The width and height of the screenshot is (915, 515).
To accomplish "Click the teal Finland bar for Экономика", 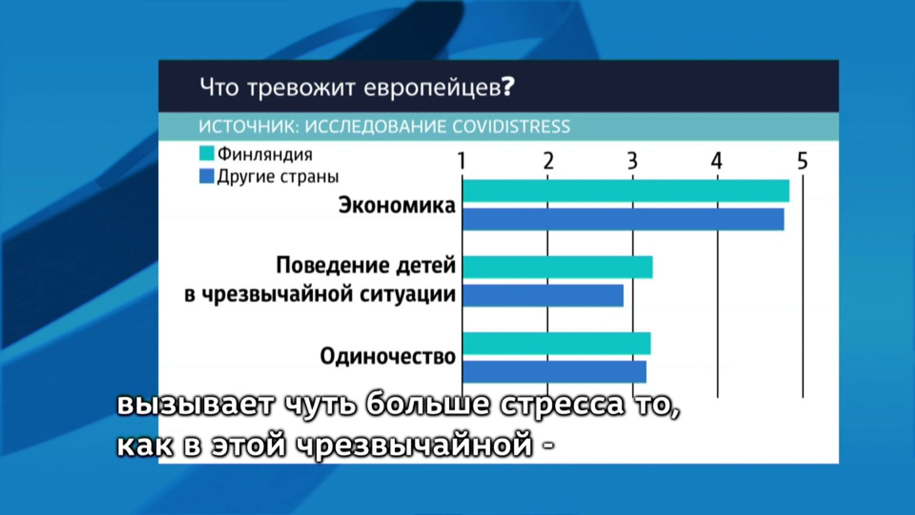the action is [x=626, y=191].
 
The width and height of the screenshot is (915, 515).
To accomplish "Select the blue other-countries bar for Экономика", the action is [x=623, y=219].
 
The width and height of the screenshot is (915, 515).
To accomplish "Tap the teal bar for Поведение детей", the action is [x=558, y=267].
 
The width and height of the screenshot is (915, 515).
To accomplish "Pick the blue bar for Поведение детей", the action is [x=543, y=296].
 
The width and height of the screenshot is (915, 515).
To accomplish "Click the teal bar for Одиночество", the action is [x=557, y=343].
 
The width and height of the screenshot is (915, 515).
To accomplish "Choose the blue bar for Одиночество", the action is [x=554, y=371].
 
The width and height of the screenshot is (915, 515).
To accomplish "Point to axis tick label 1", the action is [x=461, y=161].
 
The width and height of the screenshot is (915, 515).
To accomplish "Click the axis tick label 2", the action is [x=548, y=161].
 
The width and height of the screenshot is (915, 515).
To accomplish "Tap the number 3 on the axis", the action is [x=632, y=161].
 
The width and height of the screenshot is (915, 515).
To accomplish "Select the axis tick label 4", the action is [x=717, y=161].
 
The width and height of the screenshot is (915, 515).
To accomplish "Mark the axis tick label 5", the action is [x=803, y=161].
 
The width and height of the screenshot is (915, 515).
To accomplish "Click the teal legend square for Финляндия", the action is [x=206, y=154].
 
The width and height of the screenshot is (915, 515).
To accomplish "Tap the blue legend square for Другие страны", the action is [x=206, y=176].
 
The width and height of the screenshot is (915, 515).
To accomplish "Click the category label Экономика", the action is [x=397, y=206].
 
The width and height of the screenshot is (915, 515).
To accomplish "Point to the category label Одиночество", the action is [x=388, y=356].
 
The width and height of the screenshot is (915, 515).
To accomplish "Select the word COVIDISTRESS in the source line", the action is [x=511, y=126].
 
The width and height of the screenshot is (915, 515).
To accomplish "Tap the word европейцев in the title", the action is [x=432, y=89].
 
